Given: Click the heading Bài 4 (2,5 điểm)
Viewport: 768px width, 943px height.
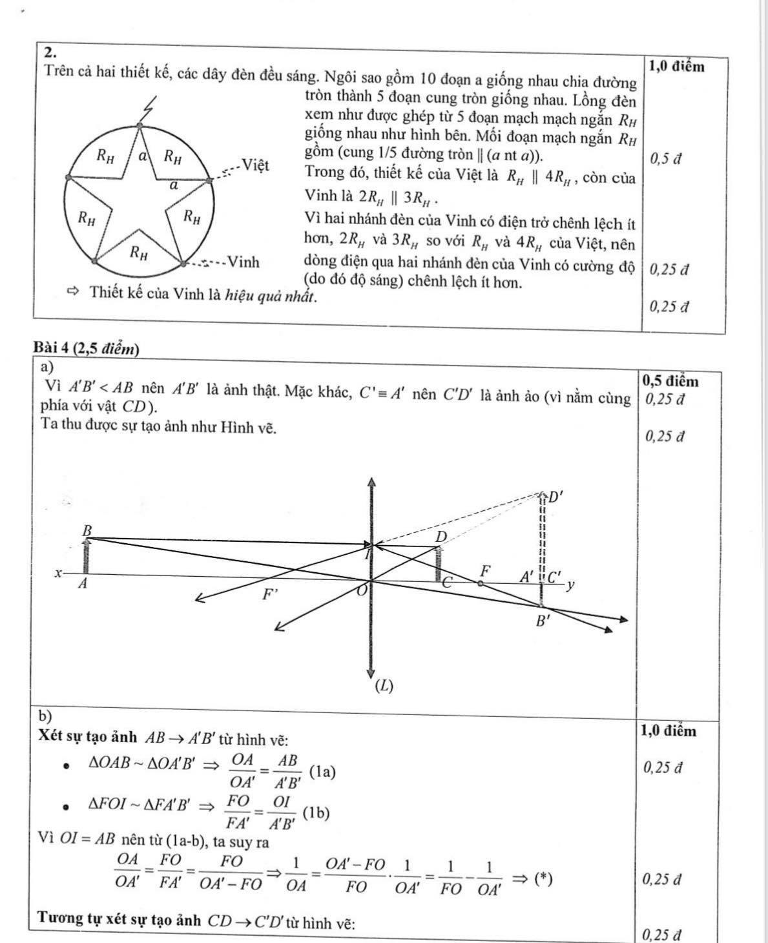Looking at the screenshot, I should point(86,349).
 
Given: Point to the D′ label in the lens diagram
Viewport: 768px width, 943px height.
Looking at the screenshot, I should point(555,497).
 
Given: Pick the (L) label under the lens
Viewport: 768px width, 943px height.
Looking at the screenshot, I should point(384,686).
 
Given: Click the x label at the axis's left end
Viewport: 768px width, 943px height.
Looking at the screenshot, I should point(58,573).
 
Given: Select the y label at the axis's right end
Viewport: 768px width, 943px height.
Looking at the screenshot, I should point(570,585).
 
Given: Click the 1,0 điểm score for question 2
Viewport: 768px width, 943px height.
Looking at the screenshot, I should point(677,65).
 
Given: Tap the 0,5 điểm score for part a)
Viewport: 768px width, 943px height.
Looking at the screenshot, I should point(671,381).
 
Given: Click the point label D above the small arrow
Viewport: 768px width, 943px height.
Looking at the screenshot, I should point(441,537).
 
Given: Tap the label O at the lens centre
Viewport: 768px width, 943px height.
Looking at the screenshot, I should point(362,590).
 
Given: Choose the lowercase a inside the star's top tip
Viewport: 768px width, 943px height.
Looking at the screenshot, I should point(145,154).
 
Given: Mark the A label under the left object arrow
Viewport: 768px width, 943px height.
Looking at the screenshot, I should point(82,584).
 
